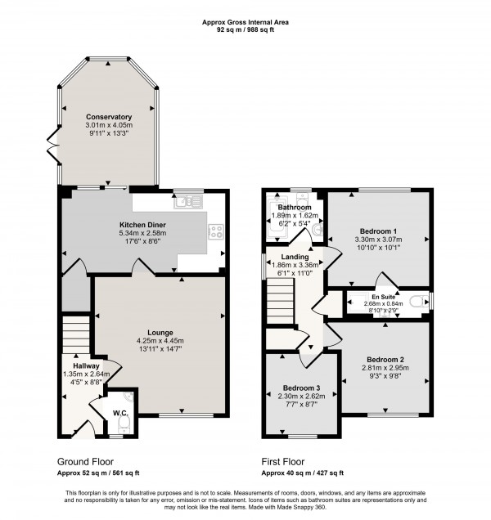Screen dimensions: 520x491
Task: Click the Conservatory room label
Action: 109,117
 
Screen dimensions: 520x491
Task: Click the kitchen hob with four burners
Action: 217,231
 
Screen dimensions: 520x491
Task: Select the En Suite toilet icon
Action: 419,302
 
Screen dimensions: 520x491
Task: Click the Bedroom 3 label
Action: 300,388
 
